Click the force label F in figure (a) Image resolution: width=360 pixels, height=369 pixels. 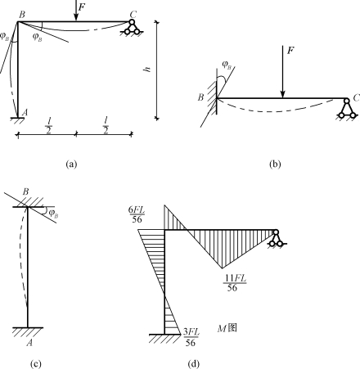tap(82, 7)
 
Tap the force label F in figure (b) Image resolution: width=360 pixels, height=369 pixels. tap(290, 50)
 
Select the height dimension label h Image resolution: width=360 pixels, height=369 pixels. tap(147, 70)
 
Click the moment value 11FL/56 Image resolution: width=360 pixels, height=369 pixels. tap(235, 283)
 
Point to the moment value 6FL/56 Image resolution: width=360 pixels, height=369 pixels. tap(137, 214)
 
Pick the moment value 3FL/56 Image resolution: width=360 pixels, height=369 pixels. tap(191, 337)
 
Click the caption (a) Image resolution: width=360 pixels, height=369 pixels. tap(71, 164)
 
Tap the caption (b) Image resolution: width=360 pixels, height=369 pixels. tap(275, 164)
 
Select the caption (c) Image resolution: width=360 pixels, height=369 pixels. tap(36, 364)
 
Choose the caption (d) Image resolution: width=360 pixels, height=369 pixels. tap(194, 364)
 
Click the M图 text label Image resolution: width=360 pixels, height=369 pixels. tap(227, 328)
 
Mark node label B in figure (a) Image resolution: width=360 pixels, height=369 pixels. tap(21, 15)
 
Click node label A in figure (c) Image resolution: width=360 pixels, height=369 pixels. tap(29, 342)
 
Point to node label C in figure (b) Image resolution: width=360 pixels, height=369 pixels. tap(356, 97)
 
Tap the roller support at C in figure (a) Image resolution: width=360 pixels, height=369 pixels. tap(132, 28)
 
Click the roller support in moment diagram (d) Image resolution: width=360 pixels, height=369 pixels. tap(277, 238)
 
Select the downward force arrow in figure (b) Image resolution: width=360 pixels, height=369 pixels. tap(283, 72)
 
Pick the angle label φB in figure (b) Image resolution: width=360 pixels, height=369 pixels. tap(227, 65)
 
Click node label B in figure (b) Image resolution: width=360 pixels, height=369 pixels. tap(200, 97)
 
